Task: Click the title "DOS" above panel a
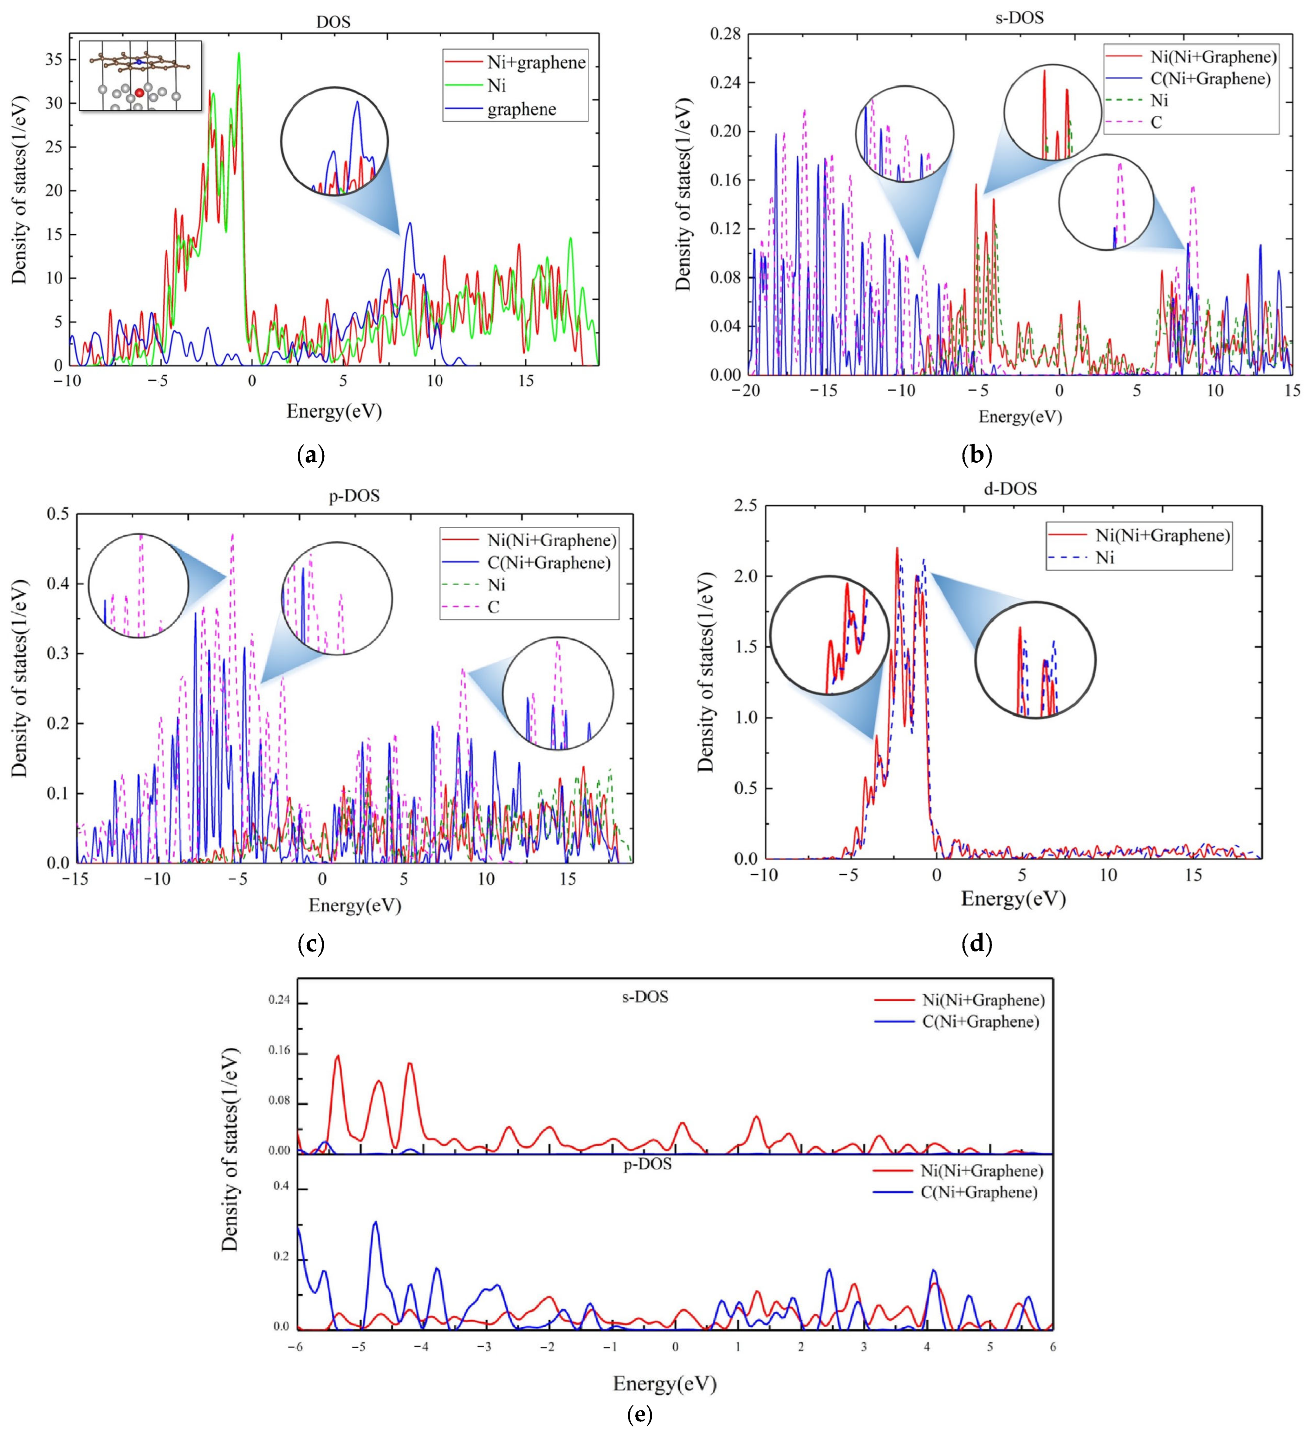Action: click(334, 22)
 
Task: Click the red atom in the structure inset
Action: click(140, 93)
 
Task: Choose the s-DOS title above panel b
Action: click(1019, 17)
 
